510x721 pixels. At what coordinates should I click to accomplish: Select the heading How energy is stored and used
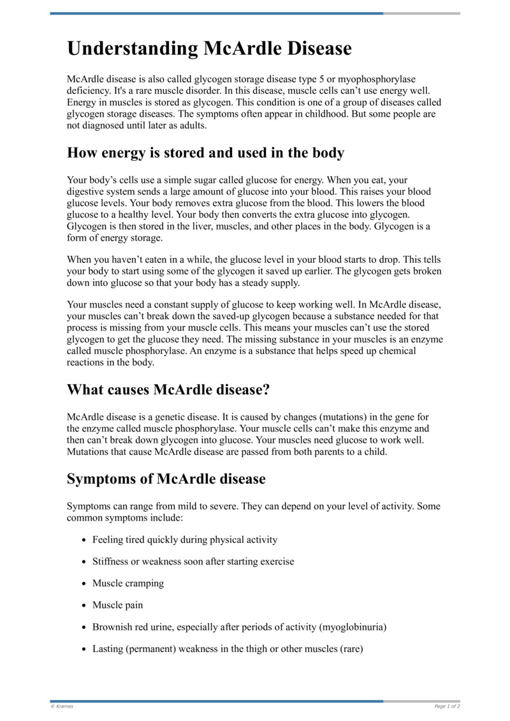pyautogui.click(x=205, y=153)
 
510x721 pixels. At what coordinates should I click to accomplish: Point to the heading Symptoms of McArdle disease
pyautogui.click(x=166, y=479)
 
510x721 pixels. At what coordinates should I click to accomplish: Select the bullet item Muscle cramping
pyautogui.click(x=127, y=583)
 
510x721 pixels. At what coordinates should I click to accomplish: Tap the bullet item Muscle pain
pyautogui.click(x=118, y=605)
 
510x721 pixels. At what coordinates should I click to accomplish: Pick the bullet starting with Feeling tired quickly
pyautogui.click(x=185, y=540)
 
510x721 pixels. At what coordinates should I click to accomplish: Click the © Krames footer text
pyautogui.click(x=62, y=706)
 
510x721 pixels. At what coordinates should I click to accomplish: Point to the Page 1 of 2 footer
pyautogui.click(x=447, y=706)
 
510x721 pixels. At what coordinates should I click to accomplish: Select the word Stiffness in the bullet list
pyautogui.click(x=112, y=561)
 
